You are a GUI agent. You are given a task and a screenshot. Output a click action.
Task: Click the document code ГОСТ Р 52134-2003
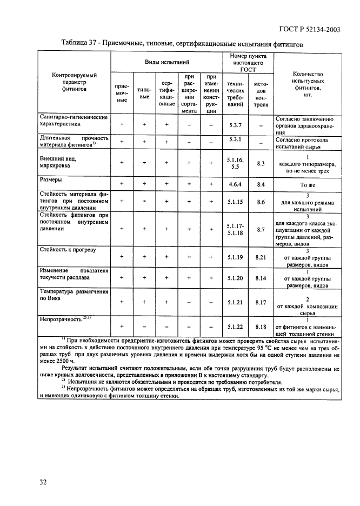(310, 30)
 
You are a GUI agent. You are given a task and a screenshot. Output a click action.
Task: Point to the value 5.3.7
(235, 125)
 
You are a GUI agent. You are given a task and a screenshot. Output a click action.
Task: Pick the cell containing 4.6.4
(235, 184)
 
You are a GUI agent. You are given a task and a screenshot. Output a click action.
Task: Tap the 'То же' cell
(308, 184)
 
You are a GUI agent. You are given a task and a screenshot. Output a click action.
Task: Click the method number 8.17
(261, 302)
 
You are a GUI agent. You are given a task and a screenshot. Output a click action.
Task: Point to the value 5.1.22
(235, 327)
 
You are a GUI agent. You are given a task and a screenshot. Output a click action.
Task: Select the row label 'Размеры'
(51, 179)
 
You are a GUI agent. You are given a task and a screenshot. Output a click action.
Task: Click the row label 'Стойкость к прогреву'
(68, 250)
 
